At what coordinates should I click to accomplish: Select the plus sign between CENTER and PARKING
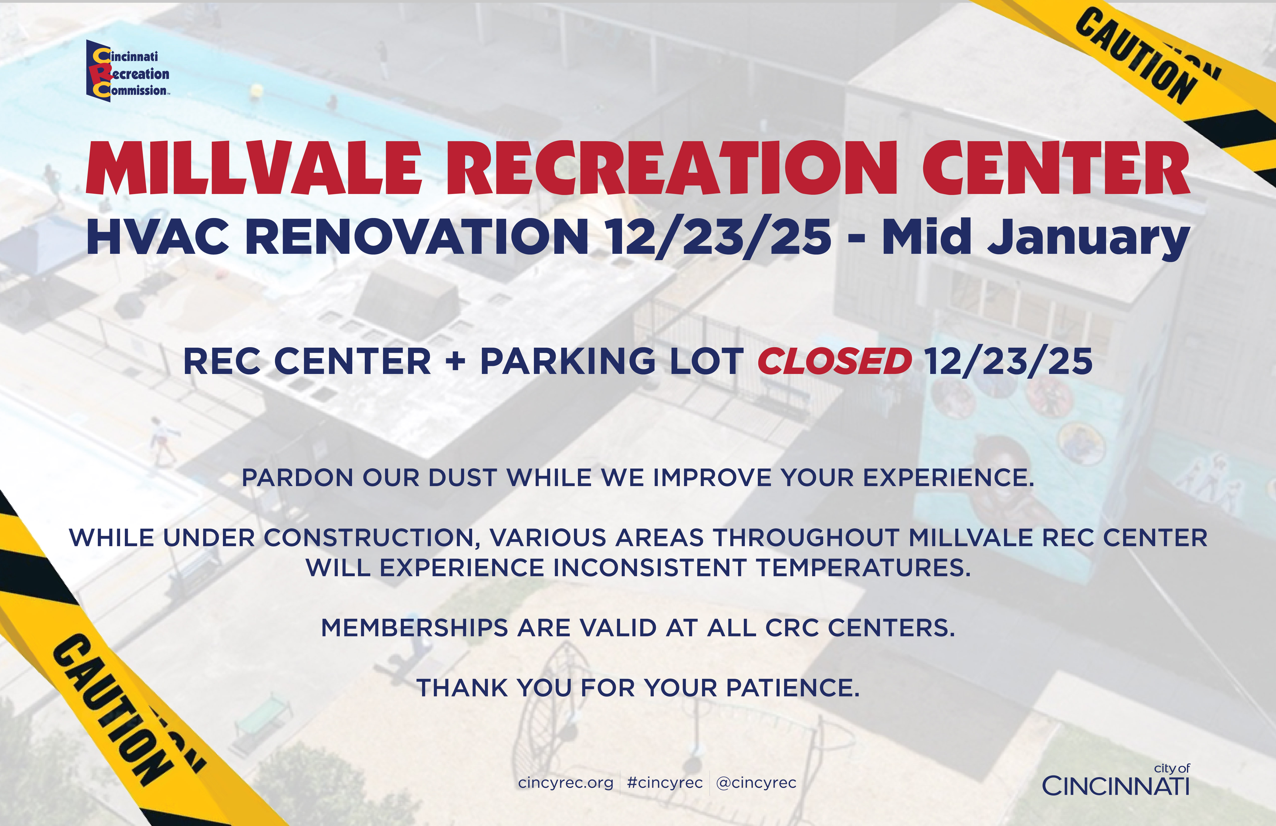pyautogui.click(x=455, y=361)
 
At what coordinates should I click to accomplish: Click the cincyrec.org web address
pyautogui.click(x=566, y=783)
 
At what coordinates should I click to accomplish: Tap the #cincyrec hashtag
pyautogui.click(x=665, y=783)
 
